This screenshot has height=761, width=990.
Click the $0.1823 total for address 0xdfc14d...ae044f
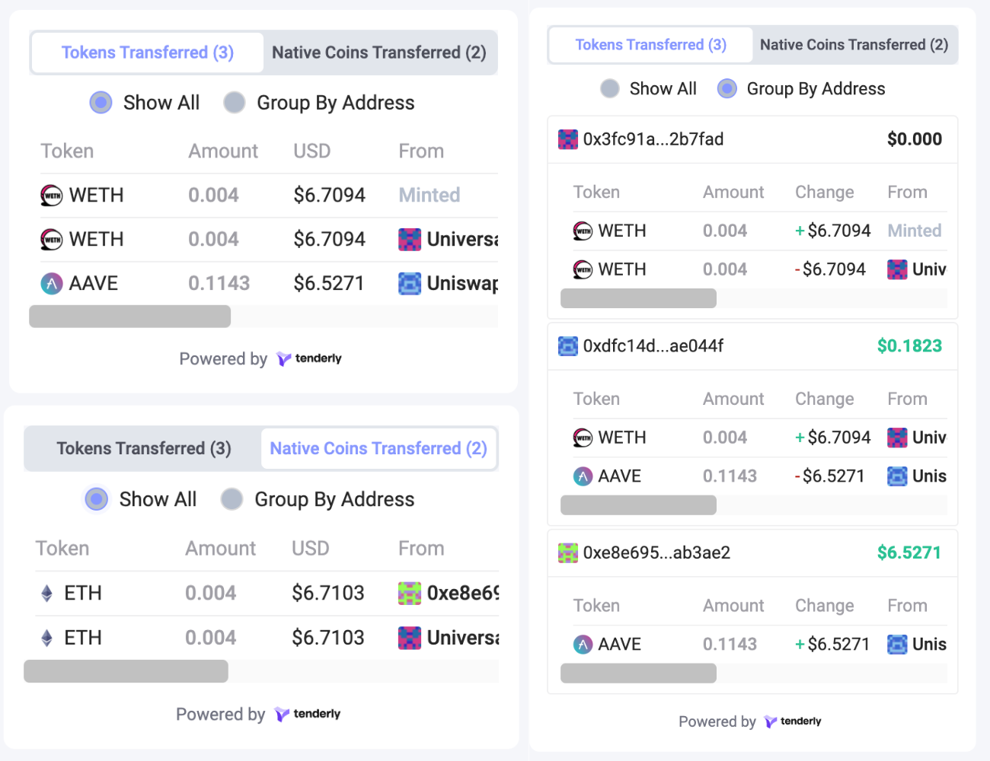coord(909,346)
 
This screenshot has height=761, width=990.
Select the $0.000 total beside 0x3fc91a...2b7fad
coord(914,139)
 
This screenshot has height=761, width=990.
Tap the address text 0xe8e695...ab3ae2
coord(656,552)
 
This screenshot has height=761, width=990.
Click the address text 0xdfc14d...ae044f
coord(653,346)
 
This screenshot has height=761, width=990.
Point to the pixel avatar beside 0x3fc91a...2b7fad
coord(568,139)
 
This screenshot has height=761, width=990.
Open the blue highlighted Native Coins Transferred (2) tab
coord(378,448)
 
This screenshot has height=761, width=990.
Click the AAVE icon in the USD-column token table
coord(52,284)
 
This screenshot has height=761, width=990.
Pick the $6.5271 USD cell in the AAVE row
coord(329,284)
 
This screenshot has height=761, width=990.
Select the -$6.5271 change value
coord(829,476)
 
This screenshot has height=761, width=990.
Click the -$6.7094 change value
coord(830,269)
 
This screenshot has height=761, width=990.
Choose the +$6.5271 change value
coord(832,645)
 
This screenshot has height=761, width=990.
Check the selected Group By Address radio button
coord(727,89)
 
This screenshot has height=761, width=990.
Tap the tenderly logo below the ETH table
coord(308,714)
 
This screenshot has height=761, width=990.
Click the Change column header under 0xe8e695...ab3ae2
coord(824,606)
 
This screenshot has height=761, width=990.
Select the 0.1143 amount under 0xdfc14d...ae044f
coord(730,476)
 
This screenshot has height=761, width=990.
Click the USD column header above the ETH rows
coord(311,549)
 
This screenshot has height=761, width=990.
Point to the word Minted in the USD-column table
coord(430,196)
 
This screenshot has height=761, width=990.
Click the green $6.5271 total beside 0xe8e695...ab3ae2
coord(909,552)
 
